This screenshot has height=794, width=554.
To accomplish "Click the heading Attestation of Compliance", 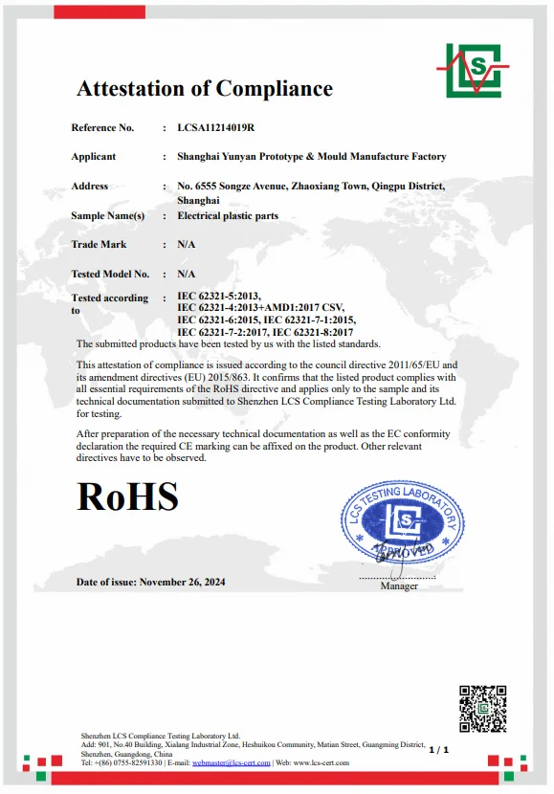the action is coord(205,89).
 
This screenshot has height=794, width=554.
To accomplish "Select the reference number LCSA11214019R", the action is coord(215,127).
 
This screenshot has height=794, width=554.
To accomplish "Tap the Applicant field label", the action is coord(93,156).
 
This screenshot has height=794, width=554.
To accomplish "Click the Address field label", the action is coord(90,186).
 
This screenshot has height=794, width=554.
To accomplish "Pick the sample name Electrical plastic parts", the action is coord(228,216).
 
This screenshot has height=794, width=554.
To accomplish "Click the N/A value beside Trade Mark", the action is coord(187,245).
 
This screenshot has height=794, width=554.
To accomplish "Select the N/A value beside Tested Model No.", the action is coord(187,274).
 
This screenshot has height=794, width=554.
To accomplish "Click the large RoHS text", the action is coord(127,496).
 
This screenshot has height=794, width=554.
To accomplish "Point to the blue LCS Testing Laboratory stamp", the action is coord(403,522).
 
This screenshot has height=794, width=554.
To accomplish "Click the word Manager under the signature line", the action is coord(399,585).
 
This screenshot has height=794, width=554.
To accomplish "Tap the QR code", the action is coord(482,709).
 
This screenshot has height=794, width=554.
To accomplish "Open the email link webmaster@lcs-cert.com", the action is coord(232,762).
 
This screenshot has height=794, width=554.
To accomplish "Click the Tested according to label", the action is coord(109,303).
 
